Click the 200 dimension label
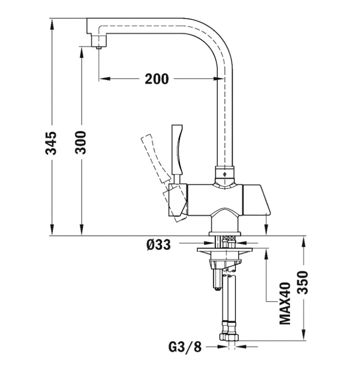pyautogui.click(x=156, y=79)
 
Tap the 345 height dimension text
pyautogui.click(x=51, y=143)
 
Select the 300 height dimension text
pyautogui.click(x=80, y=142)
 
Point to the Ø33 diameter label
pyautogui.click(x=159, y=245)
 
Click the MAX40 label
pyautogui.click(x=285, y=303)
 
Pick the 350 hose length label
pyautogui.click(x=303, y=282)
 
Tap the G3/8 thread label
pyautogui.click(x=185, y=347)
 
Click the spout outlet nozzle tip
pyautogui.click(x=99, y=47)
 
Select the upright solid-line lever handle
pyautogui.click(x=177, y=150)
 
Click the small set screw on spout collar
pyautogui.click(x=225, y=174)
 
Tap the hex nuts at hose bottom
pyautogui.click(x=229, y=337)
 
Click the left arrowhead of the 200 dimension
pyautogui.click(x=104, y=78)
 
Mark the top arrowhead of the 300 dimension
pyautogui.click(x=81, y=53)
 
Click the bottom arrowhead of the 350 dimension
pyautogui.click(x=303, y=335)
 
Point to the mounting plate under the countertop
pyautogui.click(x=225, y=250)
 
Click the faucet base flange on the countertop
pyautogui.click(x=225, y=234)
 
